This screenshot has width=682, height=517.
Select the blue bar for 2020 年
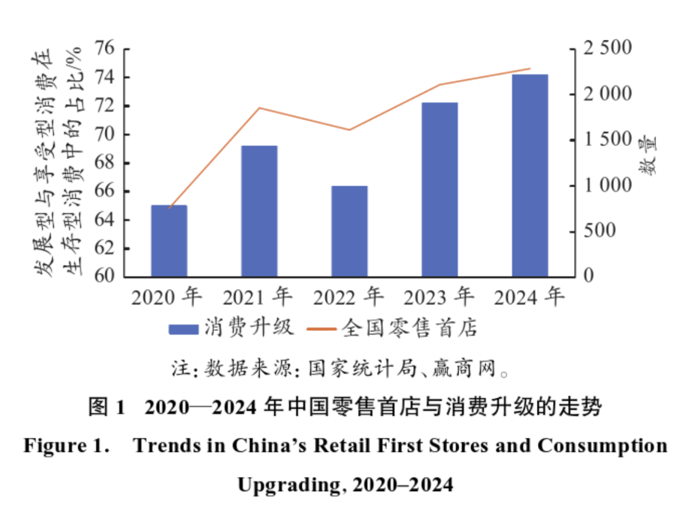coord(169,241)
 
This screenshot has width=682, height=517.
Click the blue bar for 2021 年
coord(260,211)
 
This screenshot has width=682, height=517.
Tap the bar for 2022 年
coord(350,231)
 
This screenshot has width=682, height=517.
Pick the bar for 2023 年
coord(440,189)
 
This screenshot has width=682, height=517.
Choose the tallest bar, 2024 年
coord(530,175)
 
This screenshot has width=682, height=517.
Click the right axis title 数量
coord(649,155)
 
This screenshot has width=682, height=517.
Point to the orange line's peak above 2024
coord(530,69)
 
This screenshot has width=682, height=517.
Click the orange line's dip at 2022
coord(350,130)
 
